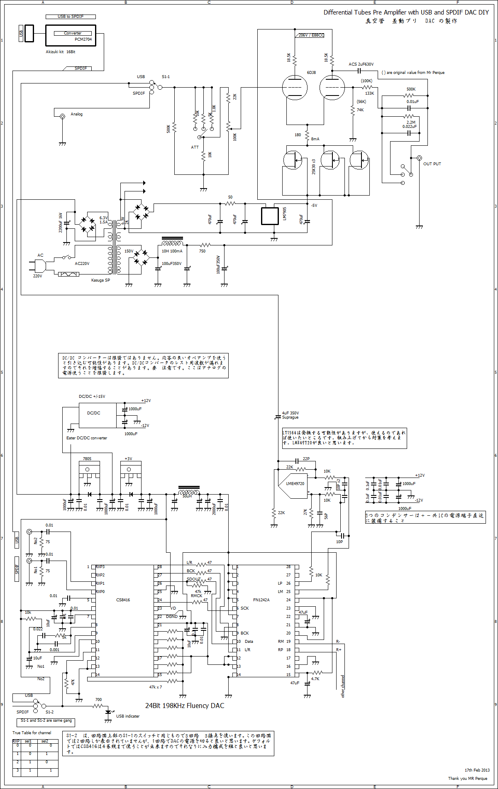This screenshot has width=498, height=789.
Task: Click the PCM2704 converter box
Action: coord(71,35)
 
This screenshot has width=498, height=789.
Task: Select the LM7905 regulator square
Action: coord(270,216)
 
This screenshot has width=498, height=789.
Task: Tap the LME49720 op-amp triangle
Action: coord(293,484)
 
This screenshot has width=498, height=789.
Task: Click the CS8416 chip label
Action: coord(123,600)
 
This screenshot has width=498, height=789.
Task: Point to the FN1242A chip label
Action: coord(261,600)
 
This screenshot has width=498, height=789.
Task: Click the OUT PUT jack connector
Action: coord(419,158)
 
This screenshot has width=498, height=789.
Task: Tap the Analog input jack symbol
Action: coord(62,117)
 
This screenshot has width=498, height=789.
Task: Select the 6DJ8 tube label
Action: coord(311,73)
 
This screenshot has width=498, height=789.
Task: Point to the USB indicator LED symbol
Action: coord(108,712)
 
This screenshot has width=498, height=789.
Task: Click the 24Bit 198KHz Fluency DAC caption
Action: coord(185,706)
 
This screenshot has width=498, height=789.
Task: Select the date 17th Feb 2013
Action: coord(477,770)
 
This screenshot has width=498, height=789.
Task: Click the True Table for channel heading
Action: coord(32,733)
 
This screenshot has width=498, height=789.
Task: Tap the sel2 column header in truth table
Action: coord(44,741)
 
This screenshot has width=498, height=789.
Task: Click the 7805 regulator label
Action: coord(87,459)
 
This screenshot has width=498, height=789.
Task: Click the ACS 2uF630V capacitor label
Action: coord(361,64)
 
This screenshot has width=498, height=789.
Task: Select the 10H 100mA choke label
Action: coord(172,251)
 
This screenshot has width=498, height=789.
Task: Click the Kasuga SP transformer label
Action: coord(100,280)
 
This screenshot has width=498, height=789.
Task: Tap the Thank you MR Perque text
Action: coord(468,778)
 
